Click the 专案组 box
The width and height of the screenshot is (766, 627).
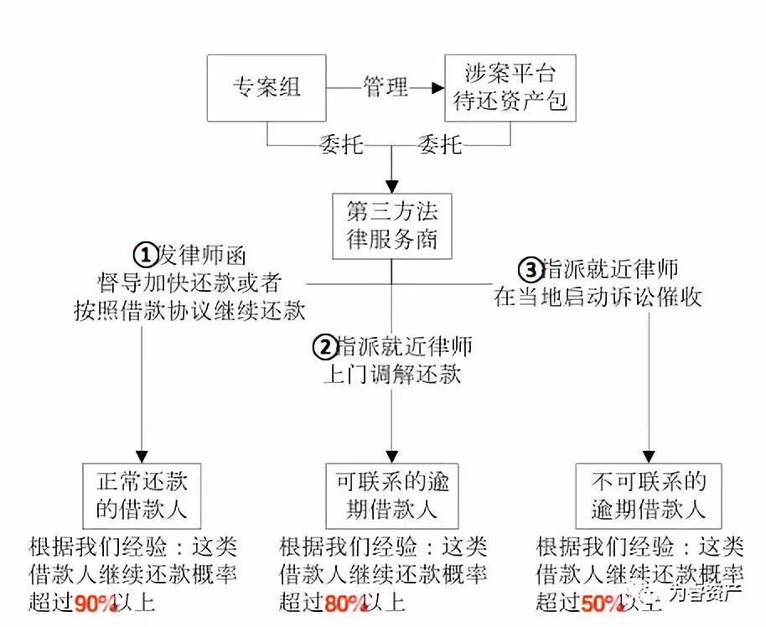267,88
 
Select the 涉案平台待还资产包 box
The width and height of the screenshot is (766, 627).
510,88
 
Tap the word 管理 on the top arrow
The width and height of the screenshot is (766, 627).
385,87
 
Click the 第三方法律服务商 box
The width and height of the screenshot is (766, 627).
391,226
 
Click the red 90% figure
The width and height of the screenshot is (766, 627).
94,603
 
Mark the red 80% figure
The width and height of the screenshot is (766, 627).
344,603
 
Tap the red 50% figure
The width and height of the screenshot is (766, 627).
600,603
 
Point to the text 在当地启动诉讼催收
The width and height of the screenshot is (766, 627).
598,296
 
